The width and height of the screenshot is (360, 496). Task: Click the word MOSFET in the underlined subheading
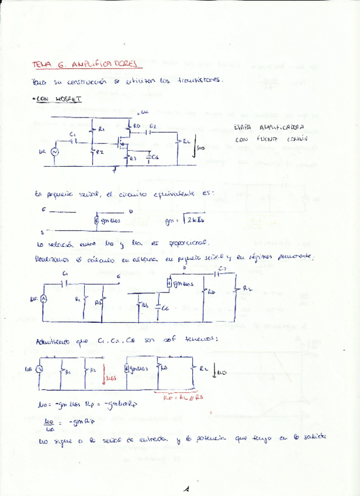click(70, 99)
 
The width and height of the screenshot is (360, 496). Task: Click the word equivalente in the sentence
click(175, 192)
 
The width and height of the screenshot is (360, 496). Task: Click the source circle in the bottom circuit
click(40, 369)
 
